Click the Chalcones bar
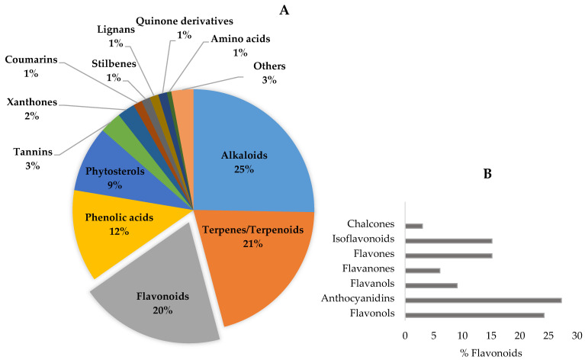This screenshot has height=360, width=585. [x=413, y=226]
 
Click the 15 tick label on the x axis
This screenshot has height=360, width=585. [x=491, y=335]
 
